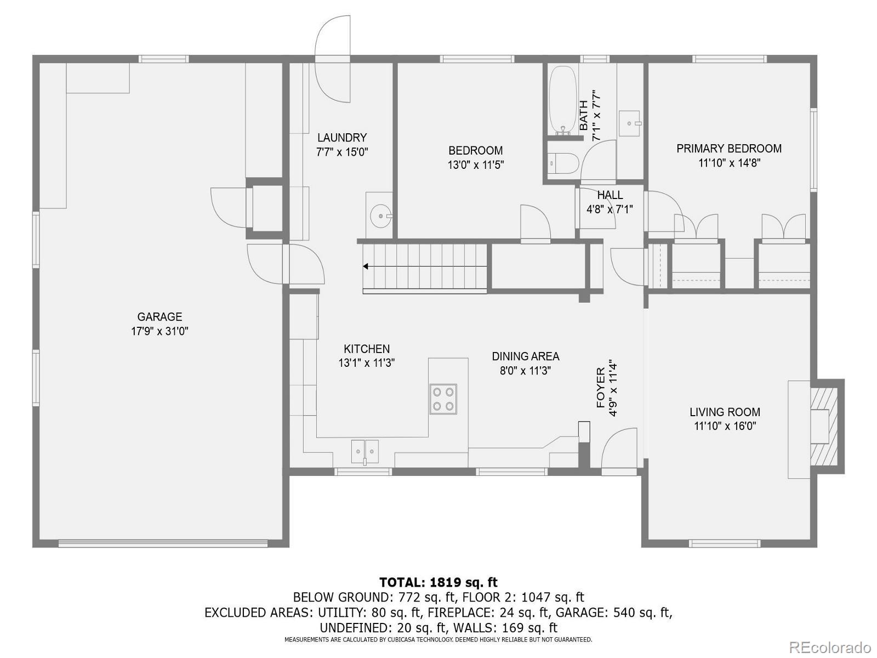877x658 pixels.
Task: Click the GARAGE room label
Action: tap(160, 317)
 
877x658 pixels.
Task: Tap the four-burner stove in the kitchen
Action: tap(443, 399)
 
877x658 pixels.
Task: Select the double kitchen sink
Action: tap(365, 451)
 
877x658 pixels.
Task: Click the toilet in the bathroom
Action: tap(562, 163)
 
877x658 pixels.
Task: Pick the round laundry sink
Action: tap(381, 215)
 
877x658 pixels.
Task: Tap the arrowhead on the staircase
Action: tap(365, 266)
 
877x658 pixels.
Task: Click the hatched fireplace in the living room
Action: tap(824, 426)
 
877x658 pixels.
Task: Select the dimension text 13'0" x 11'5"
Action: tap(475, 165)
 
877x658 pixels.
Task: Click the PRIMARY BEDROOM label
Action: tap(729, 149)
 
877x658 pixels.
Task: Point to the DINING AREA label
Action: tap(526, 356)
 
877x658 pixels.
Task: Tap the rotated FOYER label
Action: tap(601, 388)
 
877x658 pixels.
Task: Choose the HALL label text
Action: tap(610, 195)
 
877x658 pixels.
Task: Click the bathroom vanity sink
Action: tap(629, 123)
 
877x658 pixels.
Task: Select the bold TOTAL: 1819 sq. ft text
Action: tap(438, 582)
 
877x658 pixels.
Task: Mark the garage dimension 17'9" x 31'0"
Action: tap(160, 331)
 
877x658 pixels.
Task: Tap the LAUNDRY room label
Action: tap(342, 138)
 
